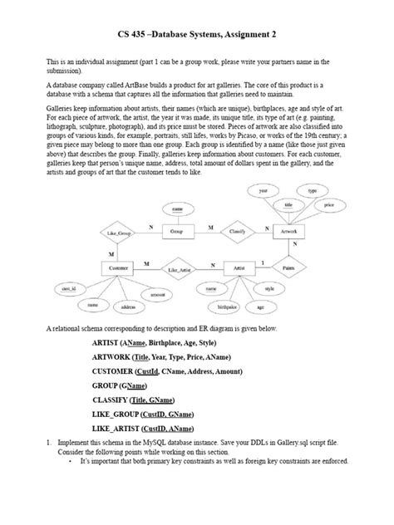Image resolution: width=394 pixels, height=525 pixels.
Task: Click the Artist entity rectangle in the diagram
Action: click(x=239, y=269)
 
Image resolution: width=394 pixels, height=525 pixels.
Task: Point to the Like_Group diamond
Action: click(x=116, y=234)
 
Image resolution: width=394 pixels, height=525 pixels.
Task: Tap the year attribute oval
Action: click(x=263, y=191)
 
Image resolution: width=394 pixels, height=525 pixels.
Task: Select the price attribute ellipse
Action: click(x=329, y=204)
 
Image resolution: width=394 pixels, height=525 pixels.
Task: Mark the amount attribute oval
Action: click(x=156, y=294)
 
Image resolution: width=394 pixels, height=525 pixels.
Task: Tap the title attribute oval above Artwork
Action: click(x=288, y=204)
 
